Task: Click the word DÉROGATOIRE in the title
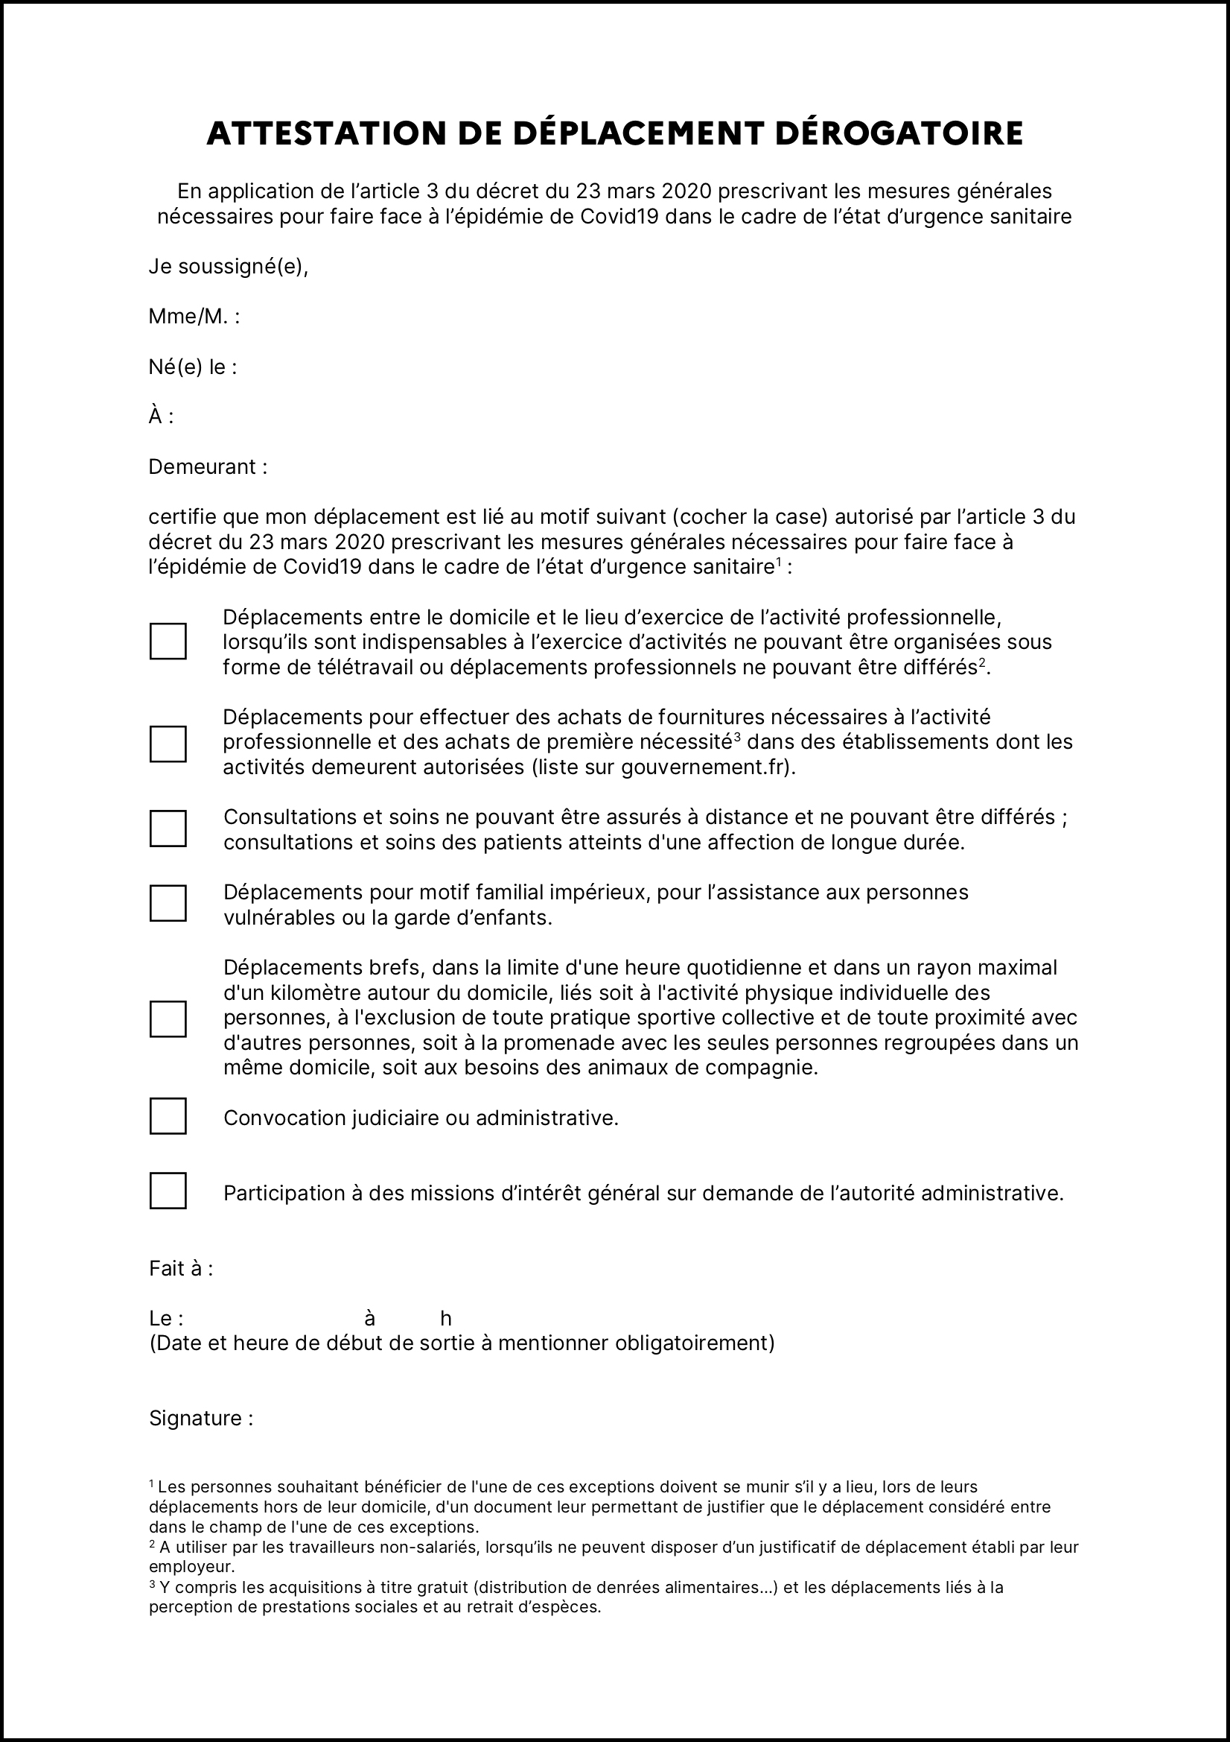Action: point(899,133)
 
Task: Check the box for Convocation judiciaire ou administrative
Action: point(168,1116)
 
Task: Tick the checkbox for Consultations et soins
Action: point(168,829)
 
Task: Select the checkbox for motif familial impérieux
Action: point(168,903)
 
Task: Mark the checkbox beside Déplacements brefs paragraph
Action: point(168,1019)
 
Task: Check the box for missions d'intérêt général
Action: point(168,1191)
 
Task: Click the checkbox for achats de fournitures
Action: point(168,744)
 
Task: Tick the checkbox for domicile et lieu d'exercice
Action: point(168,641)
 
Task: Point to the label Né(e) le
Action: point(193,367)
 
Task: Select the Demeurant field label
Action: point(207,466)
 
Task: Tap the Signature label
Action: point(200,1418)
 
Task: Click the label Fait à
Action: point(180,1269)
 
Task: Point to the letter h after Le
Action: point(446,1319)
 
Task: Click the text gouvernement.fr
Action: point(704,767)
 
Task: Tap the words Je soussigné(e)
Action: point(229,267)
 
